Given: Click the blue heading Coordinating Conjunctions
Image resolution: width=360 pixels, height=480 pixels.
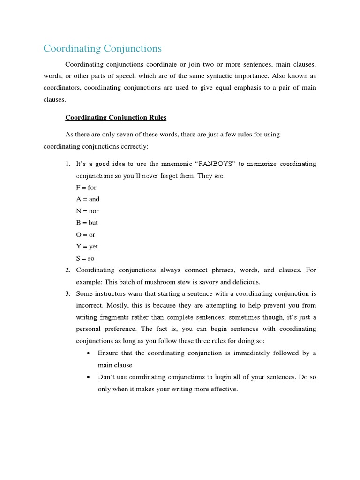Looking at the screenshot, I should coord(102,48).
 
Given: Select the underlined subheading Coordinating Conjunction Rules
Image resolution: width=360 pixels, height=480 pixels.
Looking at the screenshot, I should coord(116,117).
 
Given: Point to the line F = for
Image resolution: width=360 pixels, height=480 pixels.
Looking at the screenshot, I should coord(86,187).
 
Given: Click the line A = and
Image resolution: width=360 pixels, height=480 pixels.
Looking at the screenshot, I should coord(88,199).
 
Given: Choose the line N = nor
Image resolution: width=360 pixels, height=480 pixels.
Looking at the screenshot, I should coord(87,211).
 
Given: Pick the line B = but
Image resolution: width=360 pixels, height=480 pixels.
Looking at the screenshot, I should coord(87,223).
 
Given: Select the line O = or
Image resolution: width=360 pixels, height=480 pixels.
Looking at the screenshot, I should coord(86,235).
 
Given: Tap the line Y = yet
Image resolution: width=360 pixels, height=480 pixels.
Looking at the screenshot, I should coord(87,247).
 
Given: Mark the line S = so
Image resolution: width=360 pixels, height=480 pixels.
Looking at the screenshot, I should coord(85,258).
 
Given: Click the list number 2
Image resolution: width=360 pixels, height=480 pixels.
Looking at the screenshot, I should coord(67,270).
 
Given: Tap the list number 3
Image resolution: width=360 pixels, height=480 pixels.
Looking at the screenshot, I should coord(67,294).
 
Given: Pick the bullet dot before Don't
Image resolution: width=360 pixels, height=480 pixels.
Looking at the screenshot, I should coord(89,377).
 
